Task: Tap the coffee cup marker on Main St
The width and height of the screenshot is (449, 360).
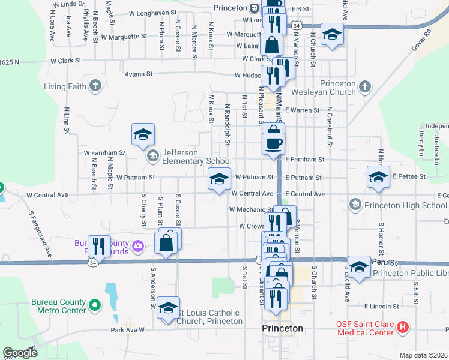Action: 274,143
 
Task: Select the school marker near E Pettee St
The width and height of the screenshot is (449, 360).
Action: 378,177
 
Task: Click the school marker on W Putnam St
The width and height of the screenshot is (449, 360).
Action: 219,178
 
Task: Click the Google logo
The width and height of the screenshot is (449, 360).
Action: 20,353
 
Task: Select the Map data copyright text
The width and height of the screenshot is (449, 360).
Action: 423,355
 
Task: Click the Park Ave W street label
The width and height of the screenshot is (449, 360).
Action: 128,329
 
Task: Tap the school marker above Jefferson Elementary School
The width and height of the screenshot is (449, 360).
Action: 143,134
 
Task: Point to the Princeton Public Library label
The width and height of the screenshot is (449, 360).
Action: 411,274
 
